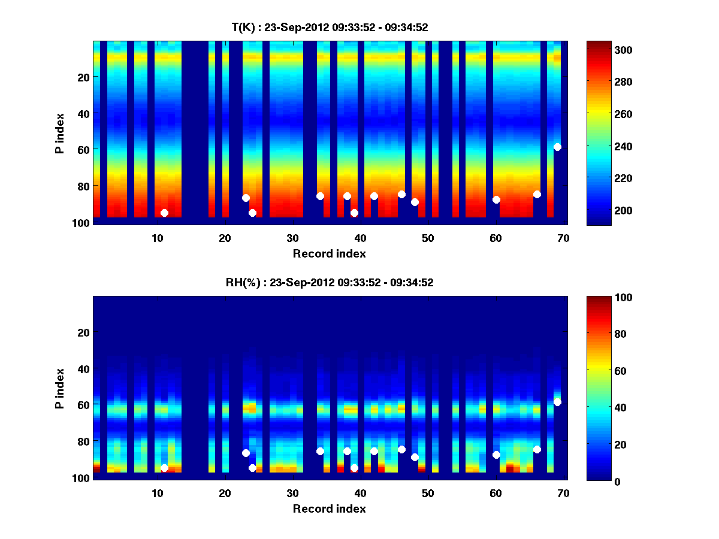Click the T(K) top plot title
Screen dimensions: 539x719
(330, 27)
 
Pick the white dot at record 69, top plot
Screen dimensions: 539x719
(557, 147)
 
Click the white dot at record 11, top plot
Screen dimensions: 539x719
(164, 213)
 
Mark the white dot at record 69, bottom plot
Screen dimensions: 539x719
(557, 402)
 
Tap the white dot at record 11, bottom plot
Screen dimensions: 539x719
(164, 468)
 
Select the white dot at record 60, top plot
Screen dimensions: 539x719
(496, 199)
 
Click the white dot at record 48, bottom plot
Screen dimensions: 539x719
(415, 457)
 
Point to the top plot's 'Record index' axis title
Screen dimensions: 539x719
(330, 253)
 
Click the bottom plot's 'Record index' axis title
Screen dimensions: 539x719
(330, 508)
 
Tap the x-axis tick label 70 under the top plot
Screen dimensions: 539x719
(563, 238)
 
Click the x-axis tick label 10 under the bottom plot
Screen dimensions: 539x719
(157, 493)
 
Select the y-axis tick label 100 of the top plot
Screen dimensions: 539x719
(81, 223)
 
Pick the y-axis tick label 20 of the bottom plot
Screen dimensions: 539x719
(83, 332)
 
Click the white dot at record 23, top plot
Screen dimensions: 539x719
(246, 198)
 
